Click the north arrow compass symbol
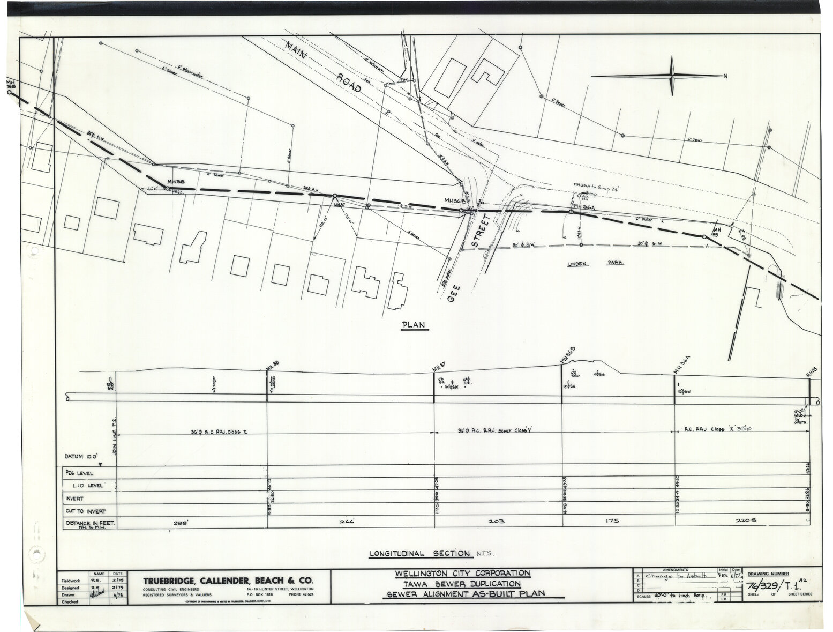672,77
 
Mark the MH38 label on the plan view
176,182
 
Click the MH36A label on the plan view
585,206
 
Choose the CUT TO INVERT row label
86,510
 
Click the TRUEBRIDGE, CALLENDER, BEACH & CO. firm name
228,582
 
